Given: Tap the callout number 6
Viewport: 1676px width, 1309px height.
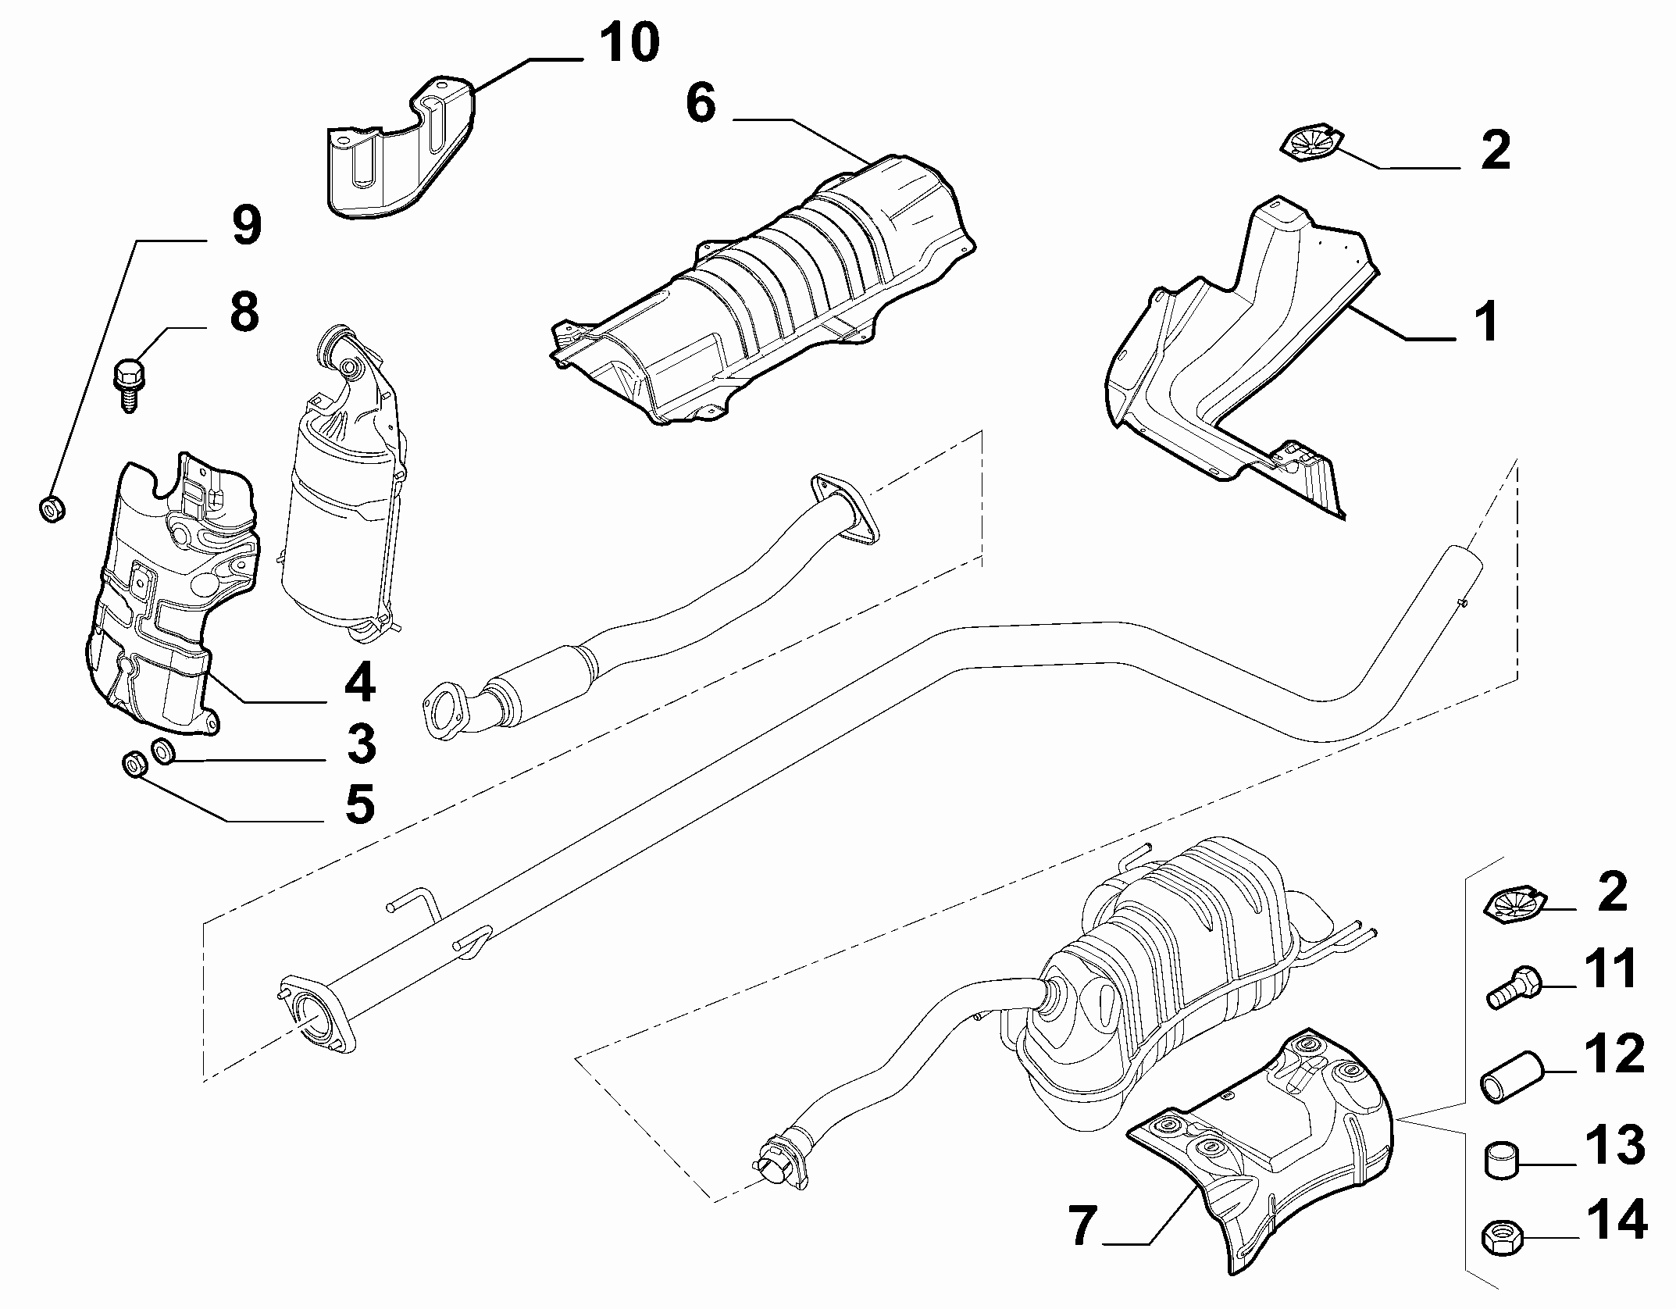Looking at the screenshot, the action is click(701, 103).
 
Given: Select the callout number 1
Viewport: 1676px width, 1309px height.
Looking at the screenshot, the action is click(1487, 322).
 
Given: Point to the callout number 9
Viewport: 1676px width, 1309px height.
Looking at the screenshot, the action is click(245, 226).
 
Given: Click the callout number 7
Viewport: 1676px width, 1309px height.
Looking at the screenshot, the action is click(1082, 1226).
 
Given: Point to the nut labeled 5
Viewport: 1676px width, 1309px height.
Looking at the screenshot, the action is click(134, 765).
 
